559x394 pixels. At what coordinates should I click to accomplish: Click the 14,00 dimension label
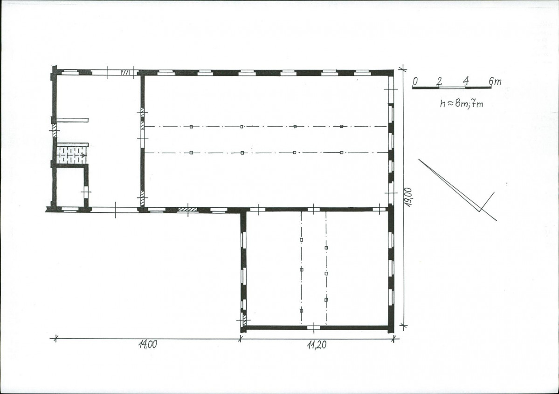148,345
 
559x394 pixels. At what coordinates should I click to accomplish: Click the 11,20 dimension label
316,345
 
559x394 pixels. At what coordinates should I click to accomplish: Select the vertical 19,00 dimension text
408,197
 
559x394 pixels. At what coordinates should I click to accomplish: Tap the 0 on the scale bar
415,81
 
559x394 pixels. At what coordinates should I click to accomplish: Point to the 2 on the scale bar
439,81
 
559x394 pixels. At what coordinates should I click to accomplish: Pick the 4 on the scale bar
466,81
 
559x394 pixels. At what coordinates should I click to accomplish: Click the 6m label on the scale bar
495,82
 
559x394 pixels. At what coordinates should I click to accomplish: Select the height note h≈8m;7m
461,104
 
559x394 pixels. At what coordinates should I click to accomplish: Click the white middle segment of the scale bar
452,87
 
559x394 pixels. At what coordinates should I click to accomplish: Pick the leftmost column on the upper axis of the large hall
191,127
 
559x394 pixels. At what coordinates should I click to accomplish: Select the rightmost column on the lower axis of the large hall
342,152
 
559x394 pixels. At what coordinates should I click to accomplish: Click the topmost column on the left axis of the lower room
301,240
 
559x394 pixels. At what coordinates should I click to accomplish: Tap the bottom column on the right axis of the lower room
326,299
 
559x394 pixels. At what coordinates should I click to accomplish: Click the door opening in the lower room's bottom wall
314,327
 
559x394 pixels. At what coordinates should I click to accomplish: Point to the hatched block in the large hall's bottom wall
188,210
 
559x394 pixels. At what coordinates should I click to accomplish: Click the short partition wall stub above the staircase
72,120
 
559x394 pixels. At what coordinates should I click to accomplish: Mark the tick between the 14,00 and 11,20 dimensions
241,339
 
